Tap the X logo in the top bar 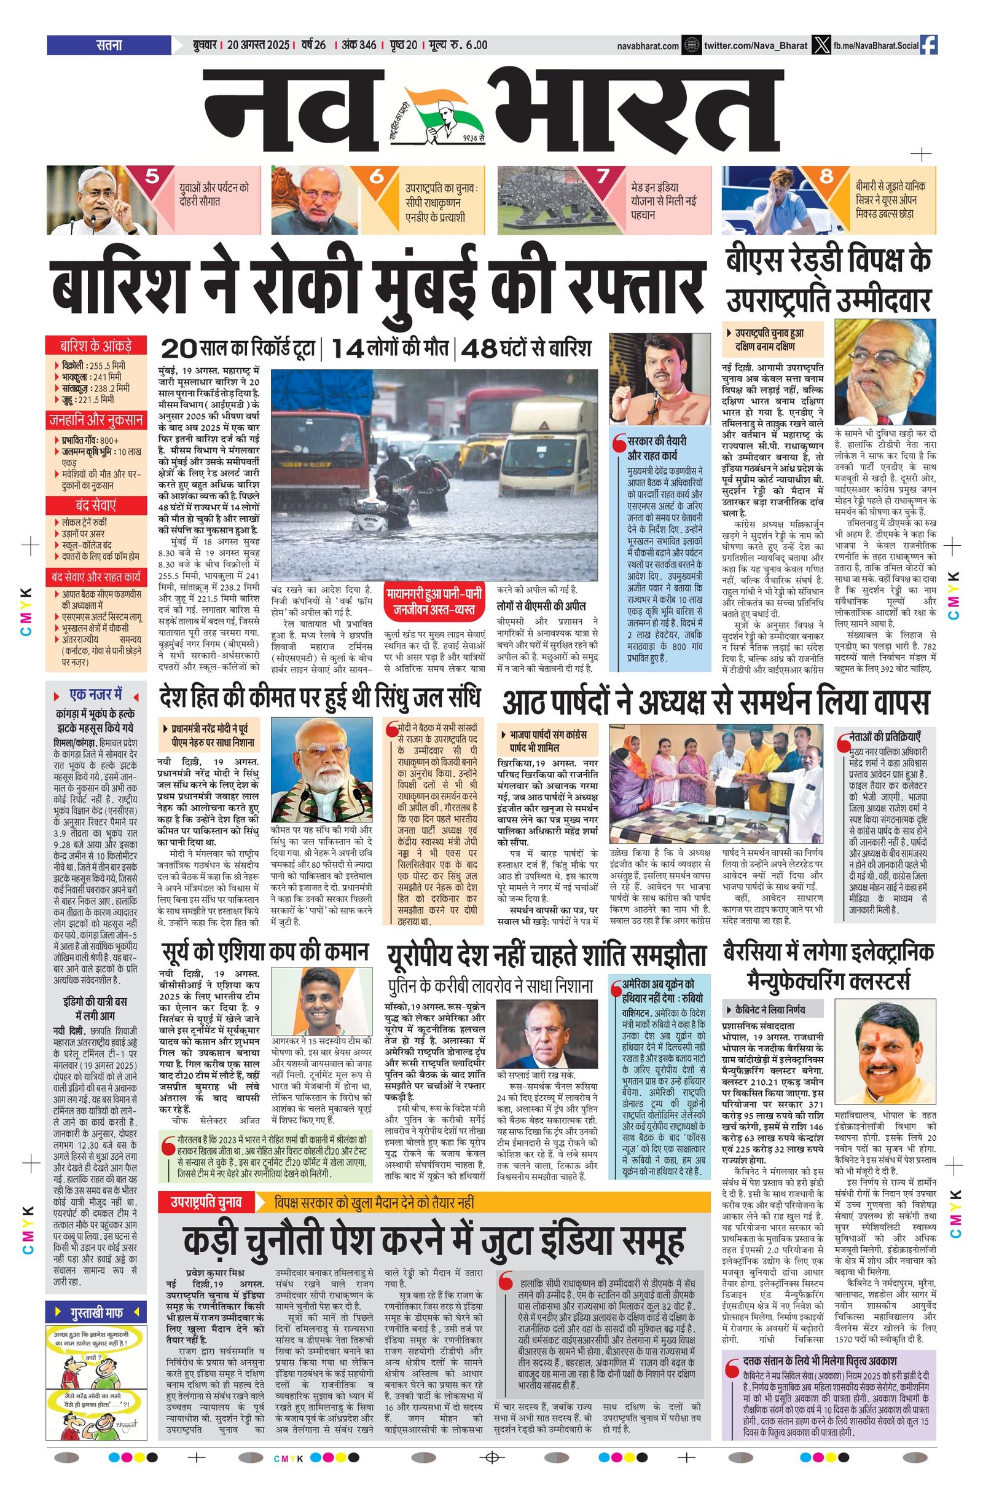(x=820, y=45)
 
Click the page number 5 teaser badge (x=152, y=176)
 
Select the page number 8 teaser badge (x=826, y=176)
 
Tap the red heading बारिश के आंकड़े (x=95, y=345)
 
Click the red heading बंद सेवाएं (x=95, y=506)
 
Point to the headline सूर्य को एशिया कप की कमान (x=264, y=951)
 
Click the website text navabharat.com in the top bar (x=648, y=45)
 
